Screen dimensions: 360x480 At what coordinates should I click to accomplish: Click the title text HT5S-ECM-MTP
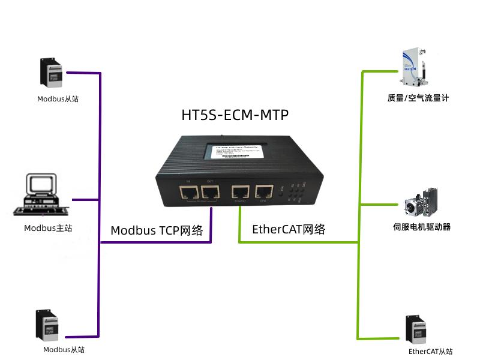235,115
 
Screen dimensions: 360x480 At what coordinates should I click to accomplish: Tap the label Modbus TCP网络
157,230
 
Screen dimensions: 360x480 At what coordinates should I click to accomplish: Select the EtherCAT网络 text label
289,229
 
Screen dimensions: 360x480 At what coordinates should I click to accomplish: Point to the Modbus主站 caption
48,228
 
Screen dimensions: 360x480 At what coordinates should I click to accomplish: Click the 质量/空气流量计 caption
418,98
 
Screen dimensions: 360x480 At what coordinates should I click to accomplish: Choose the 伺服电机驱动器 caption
421,227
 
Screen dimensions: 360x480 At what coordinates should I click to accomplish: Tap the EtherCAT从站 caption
430,352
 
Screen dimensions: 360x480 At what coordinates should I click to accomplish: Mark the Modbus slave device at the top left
52,73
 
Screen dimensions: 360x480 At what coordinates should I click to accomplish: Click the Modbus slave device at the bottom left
49,325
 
